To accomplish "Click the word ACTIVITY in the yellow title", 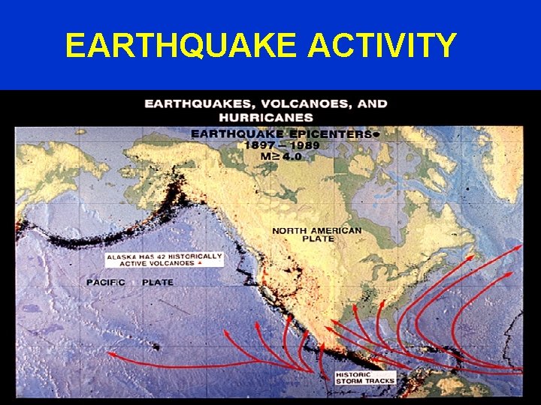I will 382,45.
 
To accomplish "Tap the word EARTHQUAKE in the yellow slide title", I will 180,45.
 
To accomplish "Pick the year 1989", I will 305,145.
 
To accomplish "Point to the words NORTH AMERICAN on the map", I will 316,230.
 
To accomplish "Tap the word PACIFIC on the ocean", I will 106,282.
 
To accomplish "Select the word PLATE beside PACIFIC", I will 157,282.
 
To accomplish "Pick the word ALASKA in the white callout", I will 119,256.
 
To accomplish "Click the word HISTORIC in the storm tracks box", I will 355,373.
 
